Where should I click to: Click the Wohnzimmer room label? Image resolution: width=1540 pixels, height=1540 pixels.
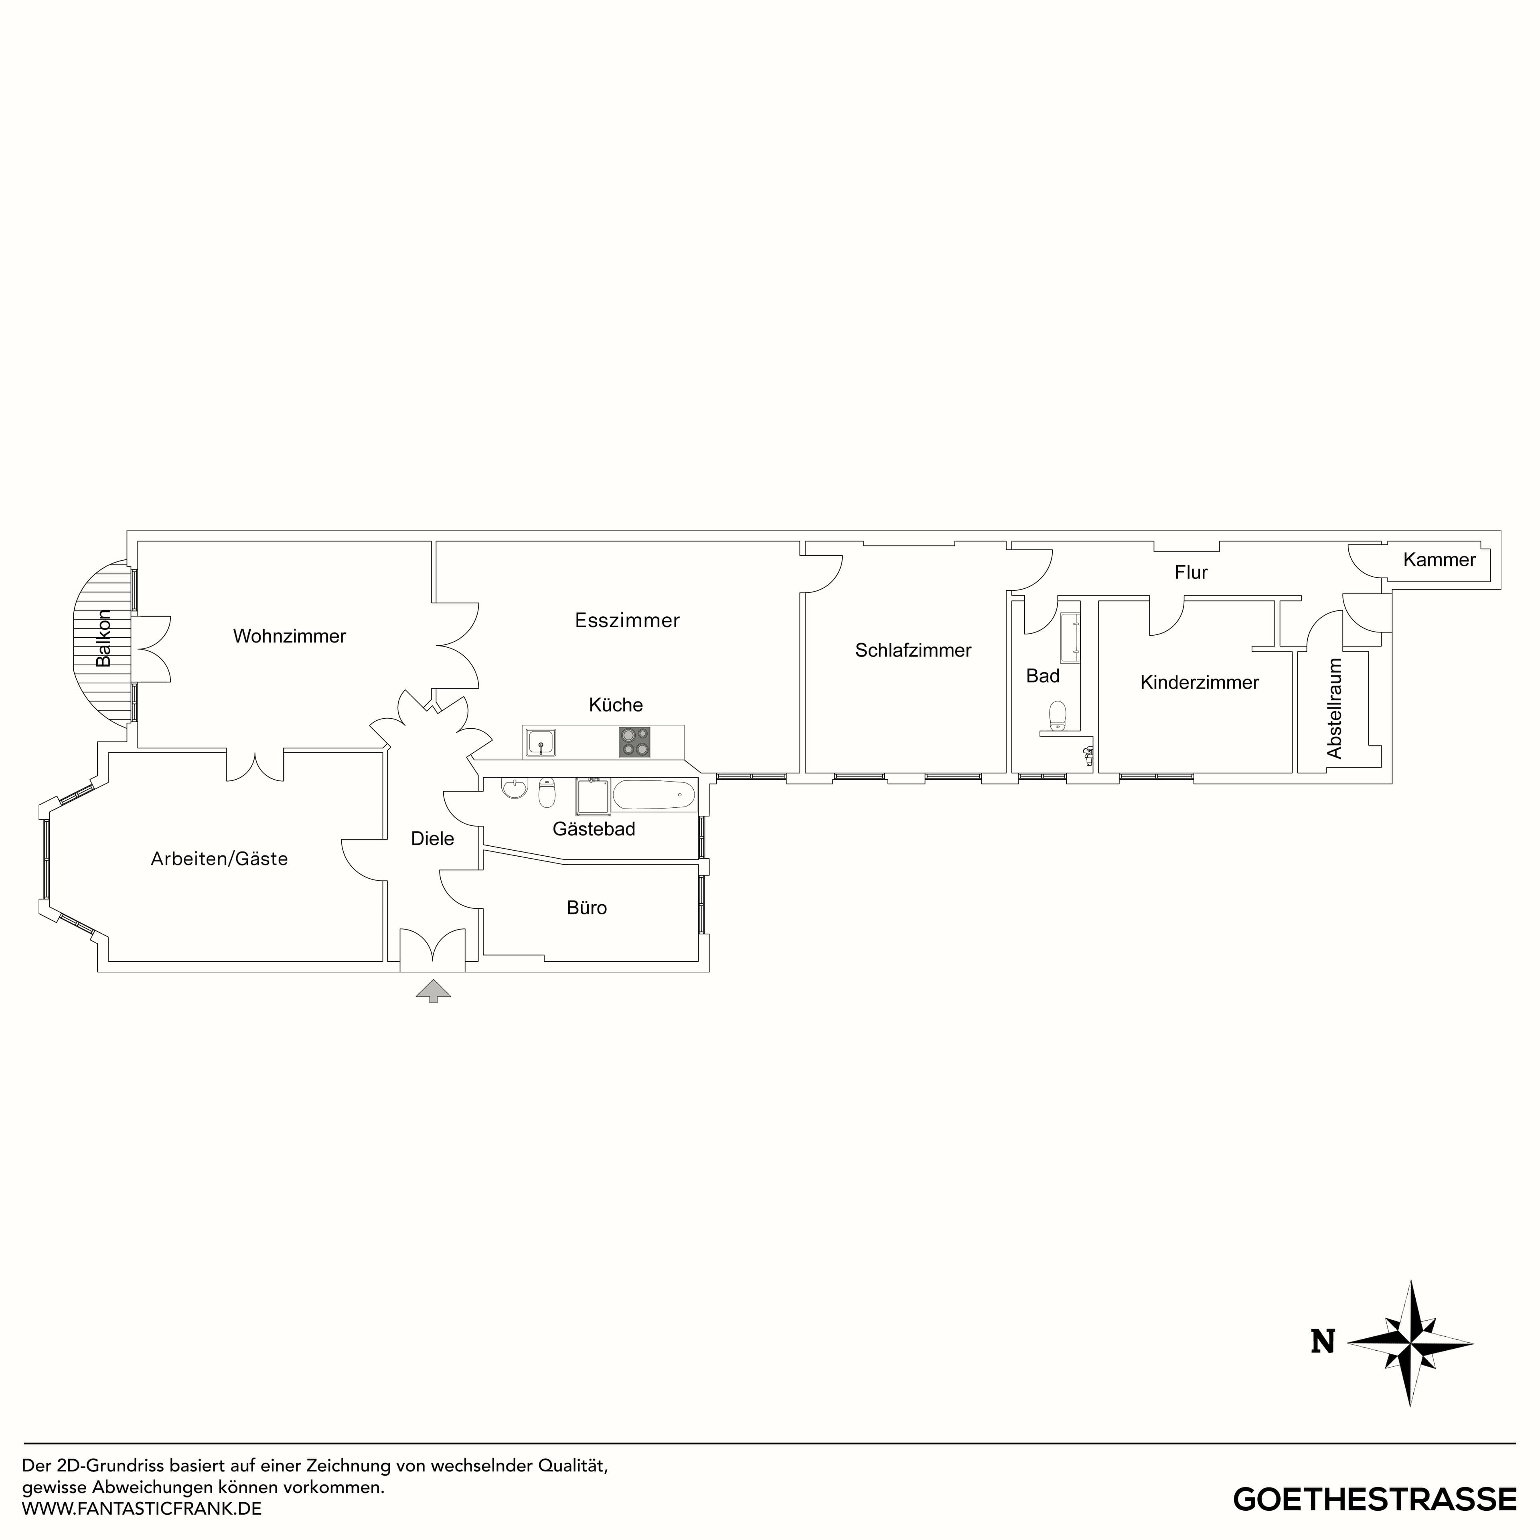click(289, 636)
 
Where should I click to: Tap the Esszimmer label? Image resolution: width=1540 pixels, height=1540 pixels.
click(627, 620)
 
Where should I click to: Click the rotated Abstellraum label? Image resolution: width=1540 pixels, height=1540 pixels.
click(1334, 708)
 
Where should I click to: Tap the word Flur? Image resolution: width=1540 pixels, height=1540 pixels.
click(1191, 572)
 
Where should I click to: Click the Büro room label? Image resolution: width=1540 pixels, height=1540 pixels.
click(587, 908)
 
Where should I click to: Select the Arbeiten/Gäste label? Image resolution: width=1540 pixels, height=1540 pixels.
click(219, 859)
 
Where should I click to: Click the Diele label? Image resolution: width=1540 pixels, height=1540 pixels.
click(432, 839)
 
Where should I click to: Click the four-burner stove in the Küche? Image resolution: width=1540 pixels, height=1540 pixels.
click(634, 742)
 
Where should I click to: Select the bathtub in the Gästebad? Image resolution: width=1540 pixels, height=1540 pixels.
click(654, 795)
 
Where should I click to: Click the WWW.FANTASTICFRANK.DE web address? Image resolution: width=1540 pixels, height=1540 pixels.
click(142, 1508)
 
